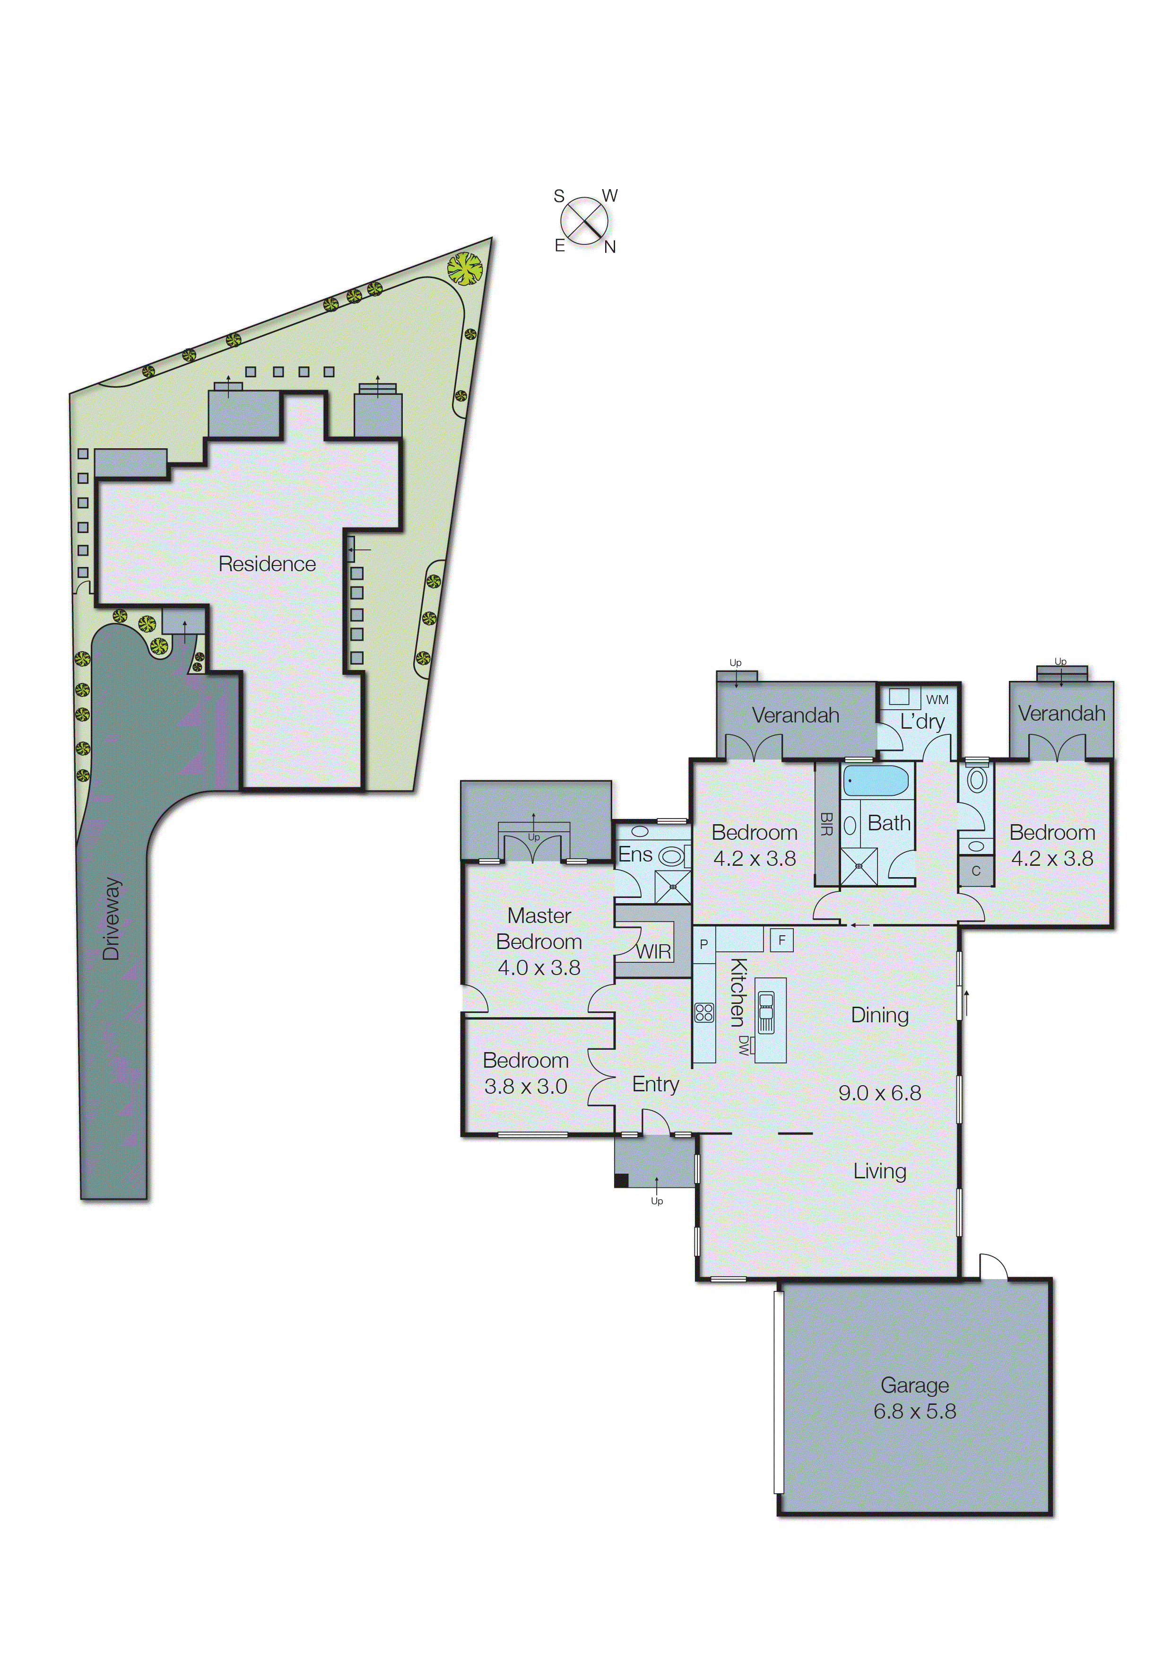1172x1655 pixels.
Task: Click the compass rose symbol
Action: coord(584,221)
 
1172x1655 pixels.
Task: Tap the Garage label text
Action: coord(914,1385)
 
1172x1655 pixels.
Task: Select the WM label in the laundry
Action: coord(937,699)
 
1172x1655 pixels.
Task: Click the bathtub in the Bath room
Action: coord(876,781)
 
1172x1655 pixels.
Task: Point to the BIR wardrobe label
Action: coord(826,824)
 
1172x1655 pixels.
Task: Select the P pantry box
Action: coord(703,944)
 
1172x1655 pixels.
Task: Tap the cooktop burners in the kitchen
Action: coord(703,1012)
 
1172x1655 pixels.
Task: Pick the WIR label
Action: coord(653,952)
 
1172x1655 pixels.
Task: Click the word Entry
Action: coord(655,1084)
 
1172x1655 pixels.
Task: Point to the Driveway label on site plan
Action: coord(111,919)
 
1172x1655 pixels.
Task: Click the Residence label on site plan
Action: coord(267,564)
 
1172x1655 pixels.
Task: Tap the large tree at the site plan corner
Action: coord(464,269)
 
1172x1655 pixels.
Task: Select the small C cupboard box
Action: coord(976,871)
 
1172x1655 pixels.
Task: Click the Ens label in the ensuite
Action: coord(635,854)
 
